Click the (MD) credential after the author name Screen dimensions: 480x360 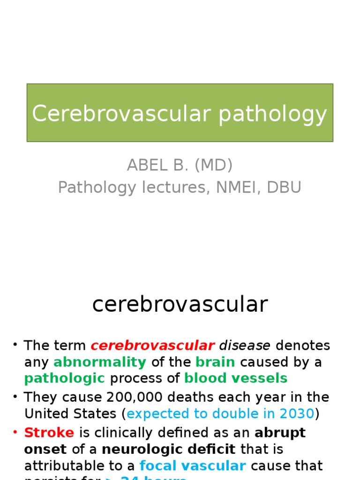[x=213, y=165]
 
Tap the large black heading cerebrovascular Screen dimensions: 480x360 [x=180, y=304]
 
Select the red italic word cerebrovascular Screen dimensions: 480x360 [x=152, y=346]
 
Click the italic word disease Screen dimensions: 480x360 [x=245, y=346]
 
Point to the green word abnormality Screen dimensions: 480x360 [x=100, y=362]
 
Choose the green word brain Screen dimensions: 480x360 [x=215, y=362]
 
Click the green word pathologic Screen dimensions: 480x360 [x=65, y=378]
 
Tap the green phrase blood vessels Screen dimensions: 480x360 [x=236, y=378]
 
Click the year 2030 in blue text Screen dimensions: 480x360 [x=297, y=414]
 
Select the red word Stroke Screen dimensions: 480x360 [x=49, y=433]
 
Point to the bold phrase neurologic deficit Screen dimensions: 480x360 [x=169, y=449]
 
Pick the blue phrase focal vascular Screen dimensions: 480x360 [x=193, y=466]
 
